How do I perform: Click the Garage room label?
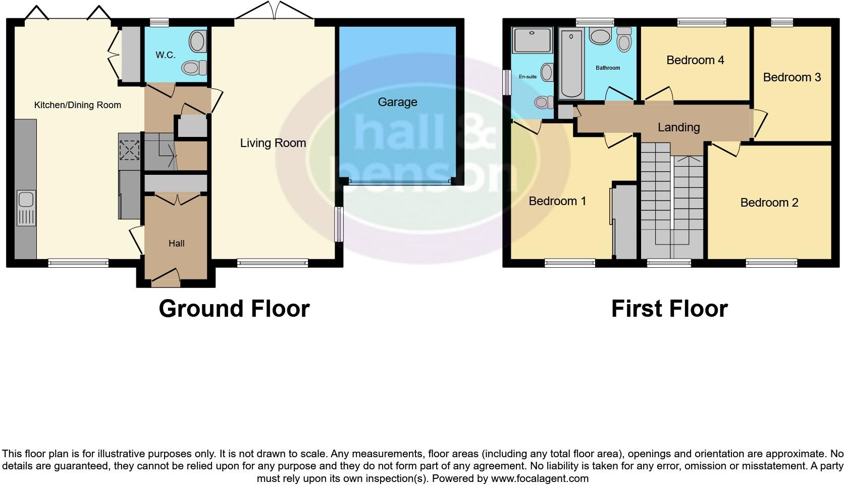[x=397, y=102]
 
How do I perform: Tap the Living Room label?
[x=273, y=143]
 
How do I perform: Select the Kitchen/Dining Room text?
[x=77, y=105]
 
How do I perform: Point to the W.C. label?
[x=166, y=55]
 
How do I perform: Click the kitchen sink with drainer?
[x=26, y=208]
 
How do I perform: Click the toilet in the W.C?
[x=195, y=67]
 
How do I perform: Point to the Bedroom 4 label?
[x=695, y=60]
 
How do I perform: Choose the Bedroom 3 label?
[x=792, y=77]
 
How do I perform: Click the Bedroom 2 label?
[x=769, y=203]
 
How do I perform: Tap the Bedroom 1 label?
[x=557, y=201]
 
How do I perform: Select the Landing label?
[x=678, y=127]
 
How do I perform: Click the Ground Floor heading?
[x=234, y=309]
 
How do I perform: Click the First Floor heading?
[x=669, y=309]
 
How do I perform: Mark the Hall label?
[x=176, y=244]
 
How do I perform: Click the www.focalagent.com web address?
[x=540, y=478]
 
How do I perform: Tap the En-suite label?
[x=527, y=77]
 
